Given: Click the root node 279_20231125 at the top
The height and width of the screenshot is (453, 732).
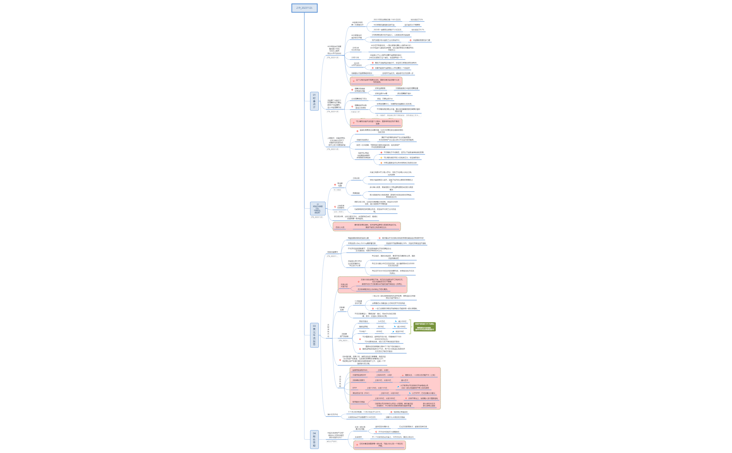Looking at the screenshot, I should (x=304, y=8).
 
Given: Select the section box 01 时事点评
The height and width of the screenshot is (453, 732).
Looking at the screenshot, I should (x=314, y=101).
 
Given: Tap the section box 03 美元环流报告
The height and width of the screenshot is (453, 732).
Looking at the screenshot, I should (x=314, y=335).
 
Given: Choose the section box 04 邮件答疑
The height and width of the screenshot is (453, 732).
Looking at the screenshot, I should (x=314, y=439).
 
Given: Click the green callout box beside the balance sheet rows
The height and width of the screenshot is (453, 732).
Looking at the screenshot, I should (x=425, y=327).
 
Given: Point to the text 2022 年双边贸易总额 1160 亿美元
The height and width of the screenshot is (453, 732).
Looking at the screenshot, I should (x=387, y=20).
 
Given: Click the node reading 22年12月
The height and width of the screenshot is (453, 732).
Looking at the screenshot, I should (x=355, y=57).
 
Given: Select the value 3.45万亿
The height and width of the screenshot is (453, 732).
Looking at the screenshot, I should (x=381, y=321).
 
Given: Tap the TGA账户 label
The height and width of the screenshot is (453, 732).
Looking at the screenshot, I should (x=363, y=331).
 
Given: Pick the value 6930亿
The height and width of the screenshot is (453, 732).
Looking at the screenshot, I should (x=379, y=331).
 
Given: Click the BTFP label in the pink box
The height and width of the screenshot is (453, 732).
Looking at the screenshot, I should (x=354, y=388).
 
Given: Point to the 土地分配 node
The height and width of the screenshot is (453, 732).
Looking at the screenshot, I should (x=356, y=178).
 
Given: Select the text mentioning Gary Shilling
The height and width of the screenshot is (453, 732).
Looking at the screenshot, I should (x=362, y=243).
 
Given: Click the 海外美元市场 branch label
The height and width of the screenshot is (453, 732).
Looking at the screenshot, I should (x=333, y=414).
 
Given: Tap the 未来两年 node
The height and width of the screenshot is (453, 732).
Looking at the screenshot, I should (x=358, y=437).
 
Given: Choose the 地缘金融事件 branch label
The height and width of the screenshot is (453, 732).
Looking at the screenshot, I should (x=333, y=252).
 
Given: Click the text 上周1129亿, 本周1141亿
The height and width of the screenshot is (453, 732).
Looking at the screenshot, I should (x=377, y=388).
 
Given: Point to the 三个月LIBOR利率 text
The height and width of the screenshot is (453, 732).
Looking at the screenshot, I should (x=364, y=412).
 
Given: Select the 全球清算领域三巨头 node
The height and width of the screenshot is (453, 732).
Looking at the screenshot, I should (x=359, y=99).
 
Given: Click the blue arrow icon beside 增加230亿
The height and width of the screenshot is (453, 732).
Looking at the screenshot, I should (x=394, y=331).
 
